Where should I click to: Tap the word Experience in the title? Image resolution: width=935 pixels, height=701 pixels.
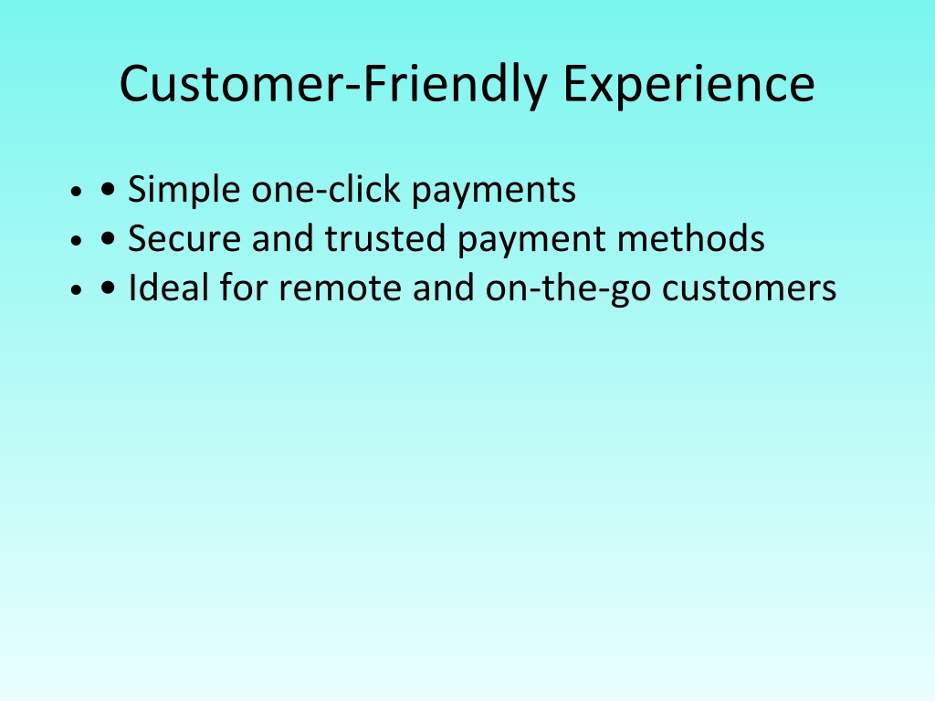[x=688, y=85]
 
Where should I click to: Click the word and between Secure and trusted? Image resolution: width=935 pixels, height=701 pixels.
[x=283, y=238]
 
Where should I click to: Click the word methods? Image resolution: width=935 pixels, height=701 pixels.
[x=691, y=238]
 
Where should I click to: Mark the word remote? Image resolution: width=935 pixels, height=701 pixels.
[x=340, y=288]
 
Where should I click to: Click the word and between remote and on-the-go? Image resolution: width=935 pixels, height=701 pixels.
[x=443, y=288]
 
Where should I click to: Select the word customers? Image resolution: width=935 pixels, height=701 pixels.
[x=750, y=288]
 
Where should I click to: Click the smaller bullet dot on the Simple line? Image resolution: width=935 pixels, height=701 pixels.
[x=76, y=192]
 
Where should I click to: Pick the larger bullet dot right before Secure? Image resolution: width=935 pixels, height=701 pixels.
[x=108, y=239]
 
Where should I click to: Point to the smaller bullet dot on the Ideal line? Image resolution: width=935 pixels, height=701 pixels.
[x=76, y=289]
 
